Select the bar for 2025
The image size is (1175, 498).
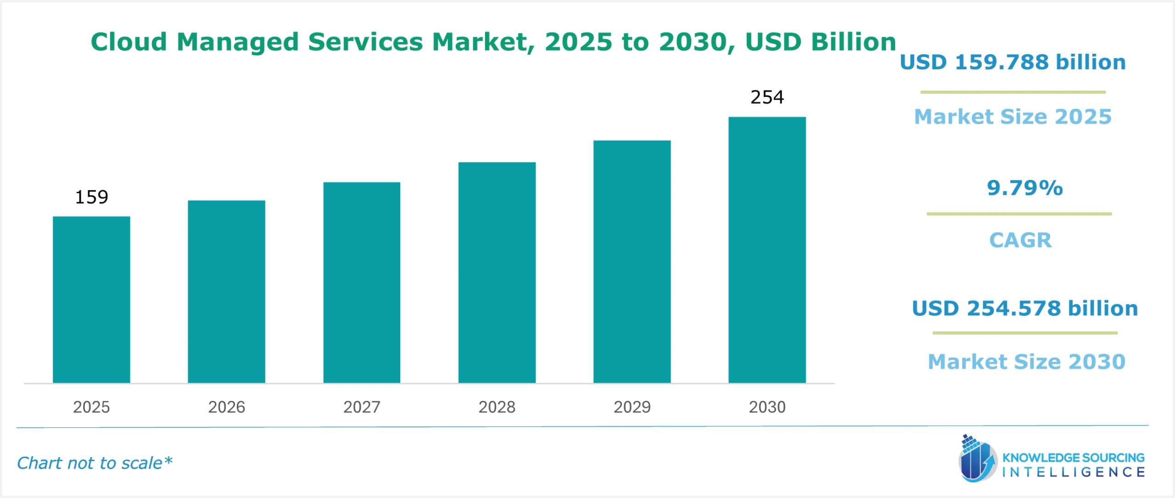pos(91,299)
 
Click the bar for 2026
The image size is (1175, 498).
pos(226,291)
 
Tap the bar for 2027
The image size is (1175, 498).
pos(362,282)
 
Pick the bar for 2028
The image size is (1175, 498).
pos(497,272)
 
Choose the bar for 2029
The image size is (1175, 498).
pos(632,262)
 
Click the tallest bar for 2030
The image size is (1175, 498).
pos(767,250)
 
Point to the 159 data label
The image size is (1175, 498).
pos(91,197)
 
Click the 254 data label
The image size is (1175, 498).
pos(767,97)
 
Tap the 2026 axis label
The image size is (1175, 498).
pos(226,407)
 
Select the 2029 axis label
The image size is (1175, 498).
pos(632,407)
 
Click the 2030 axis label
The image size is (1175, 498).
pos(767,407)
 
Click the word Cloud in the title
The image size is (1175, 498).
pos(129,42)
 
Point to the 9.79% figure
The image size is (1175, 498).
pos(1024,188)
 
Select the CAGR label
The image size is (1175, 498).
pos(1020,240)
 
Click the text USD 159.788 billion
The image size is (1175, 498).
pos(1013,62)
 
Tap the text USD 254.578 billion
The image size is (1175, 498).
pos(1024,308)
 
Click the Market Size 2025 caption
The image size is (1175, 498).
pos(1013,117)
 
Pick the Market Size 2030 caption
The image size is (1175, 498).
pos(1026,362)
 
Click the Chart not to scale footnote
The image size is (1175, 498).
pos(95,463)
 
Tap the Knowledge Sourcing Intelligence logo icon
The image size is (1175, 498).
pos(977,459)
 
